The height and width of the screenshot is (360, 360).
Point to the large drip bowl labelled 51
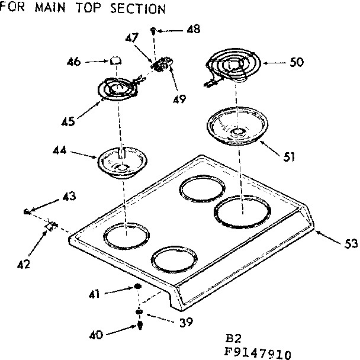(x=236, y=126)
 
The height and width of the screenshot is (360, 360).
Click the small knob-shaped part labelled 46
(x=115, y=59)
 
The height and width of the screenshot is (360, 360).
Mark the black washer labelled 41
(x=137, y=287)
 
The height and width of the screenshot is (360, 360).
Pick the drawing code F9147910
(x=258, y=354)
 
